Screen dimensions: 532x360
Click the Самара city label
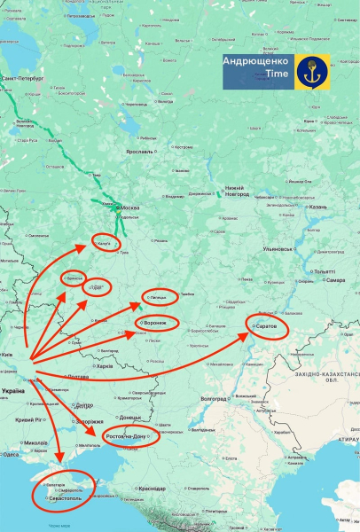[335, 280]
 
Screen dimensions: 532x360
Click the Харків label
[105, 366]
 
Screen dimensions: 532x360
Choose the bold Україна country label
[13, 390]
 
